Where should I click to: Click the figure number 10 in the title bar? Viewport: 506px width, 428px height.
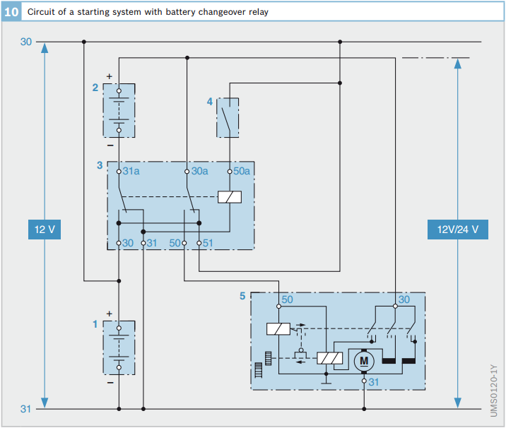(x=11, y=12)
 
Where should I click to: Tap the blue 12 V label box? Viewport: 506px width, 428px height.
(x=45, y=230)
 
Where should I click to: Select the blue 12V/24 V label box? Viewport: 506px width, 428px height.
(x=458, y=230)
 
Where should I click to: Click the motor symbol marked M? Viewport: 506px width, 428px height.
(x=364, y=361)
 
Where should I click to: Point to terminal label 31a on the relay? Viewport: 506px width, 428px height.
(x=131, y=171)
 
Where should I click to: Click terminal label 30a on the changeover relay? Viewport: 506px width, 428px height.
(x=199, y=171)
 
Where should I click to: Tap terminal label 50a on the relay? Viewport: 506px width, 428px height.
(x=242, y=171)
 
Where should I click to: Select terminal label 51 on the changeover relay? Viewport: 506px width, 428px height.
(x=208, y=243)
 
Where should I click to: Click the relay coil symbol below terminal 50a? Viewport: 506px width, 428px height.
(x=230, y=197)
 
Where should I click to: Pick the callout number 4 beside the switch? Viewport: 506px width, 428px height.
(x=210, y=102)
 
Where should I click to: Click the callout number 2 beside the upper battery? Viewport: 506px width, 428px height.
(x=95, y=88)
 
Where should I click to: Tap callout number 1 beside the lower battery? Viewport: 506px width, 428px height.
(x=95, y=323)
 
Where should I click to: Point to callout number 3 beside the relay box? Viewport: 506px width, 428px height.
(x=100, y=165)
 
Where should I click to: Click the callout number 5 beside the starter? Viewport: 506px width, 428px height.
(x=242, y=296)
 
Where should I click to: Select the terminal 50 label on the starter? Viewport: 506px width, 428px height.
(x=287, y=299)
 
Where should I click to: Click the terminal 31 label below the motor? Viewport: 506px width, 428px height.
(x=373, y=382)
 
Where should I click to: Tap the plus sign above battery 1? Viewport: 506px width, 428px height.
(x=110, y=314)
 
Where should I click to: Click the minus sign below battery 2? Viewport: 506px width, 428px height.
(x=110, y=145)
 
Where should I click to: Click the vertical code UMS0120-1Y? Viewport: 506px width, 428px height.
(x=494, y=391)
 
